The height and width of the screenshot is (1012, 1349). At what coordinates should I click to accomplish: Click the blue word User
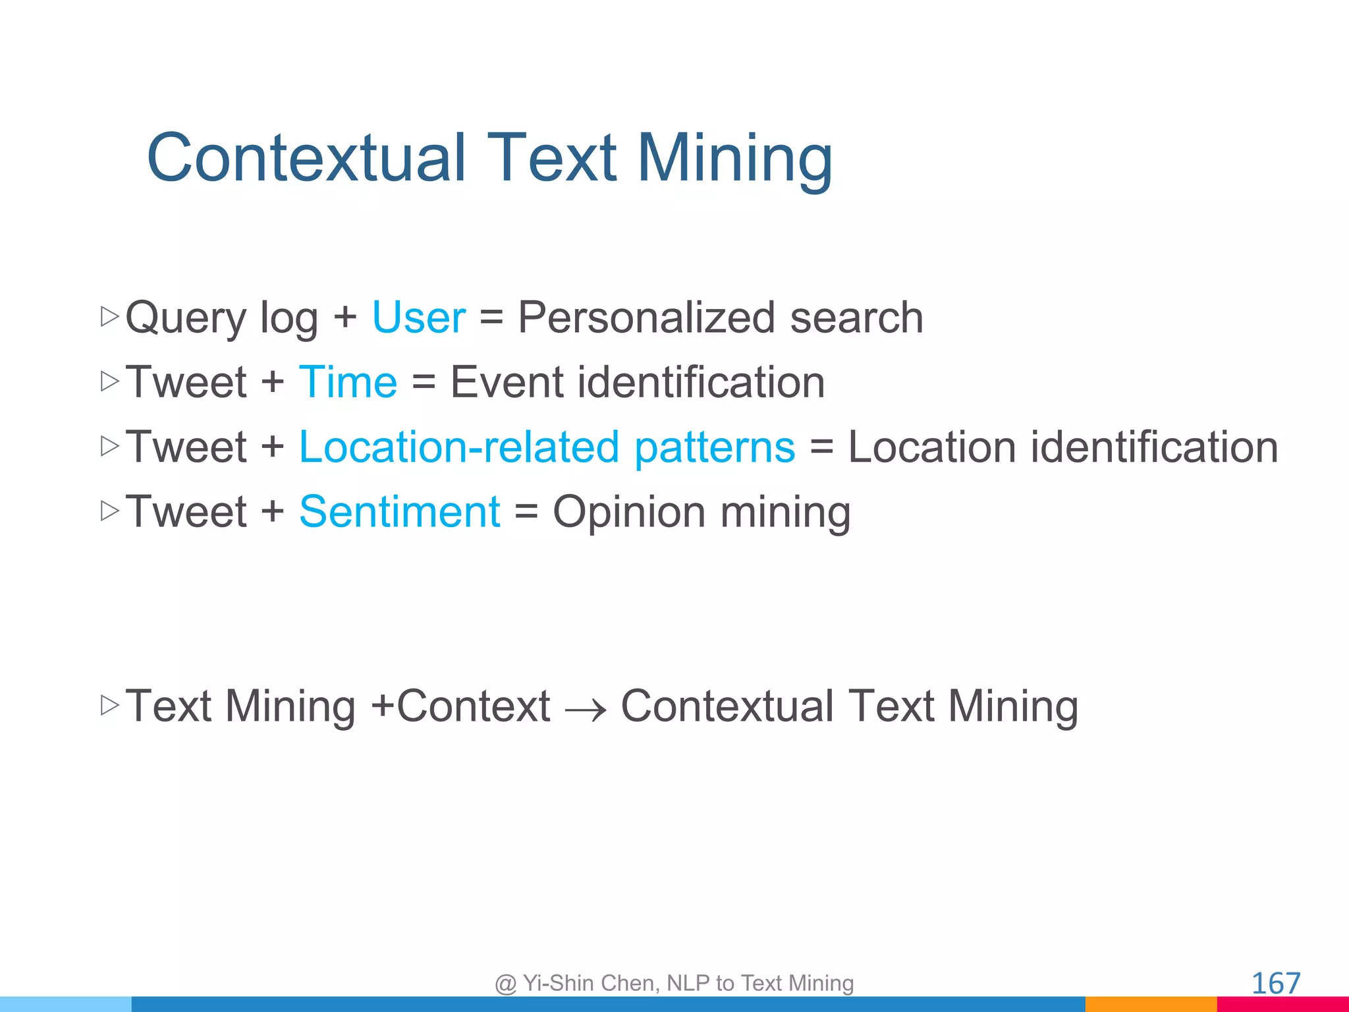click(419, 318)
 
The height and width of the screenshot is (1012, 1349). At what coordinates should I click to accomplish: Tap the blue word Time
click(348, 382)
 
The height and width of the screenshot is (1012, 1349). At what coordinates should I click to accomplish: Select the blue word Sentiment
click(399, 512)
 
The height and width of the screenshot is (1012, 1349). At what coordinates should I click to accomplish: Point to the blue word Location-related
click(459, 447)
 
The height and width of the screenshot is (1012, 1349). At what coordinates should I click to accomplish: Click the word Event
click(507, 382)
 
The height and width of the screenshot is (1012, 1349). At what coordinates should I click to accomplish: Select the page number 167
click(1275, 984)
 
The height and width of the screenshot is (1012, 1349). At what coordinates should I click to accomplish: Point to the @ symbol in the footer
click(505, 984)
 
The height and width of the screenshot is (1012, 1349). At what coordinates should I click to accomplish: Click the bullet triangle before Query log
click(109, 316)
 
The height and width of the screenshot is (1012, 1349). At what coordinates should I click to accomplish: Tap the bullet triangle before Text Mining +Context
click(109, 705)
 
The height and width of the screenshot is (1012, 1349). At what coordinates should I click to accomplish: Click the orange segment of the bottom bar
click(1151, 1005)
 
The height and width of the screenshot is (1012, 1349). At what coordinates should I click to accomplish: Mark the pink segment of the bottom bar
click(1282, 1005)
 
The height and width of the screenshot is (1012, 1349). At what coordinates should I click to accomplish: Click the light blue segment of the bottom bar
click(66, 1005)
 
